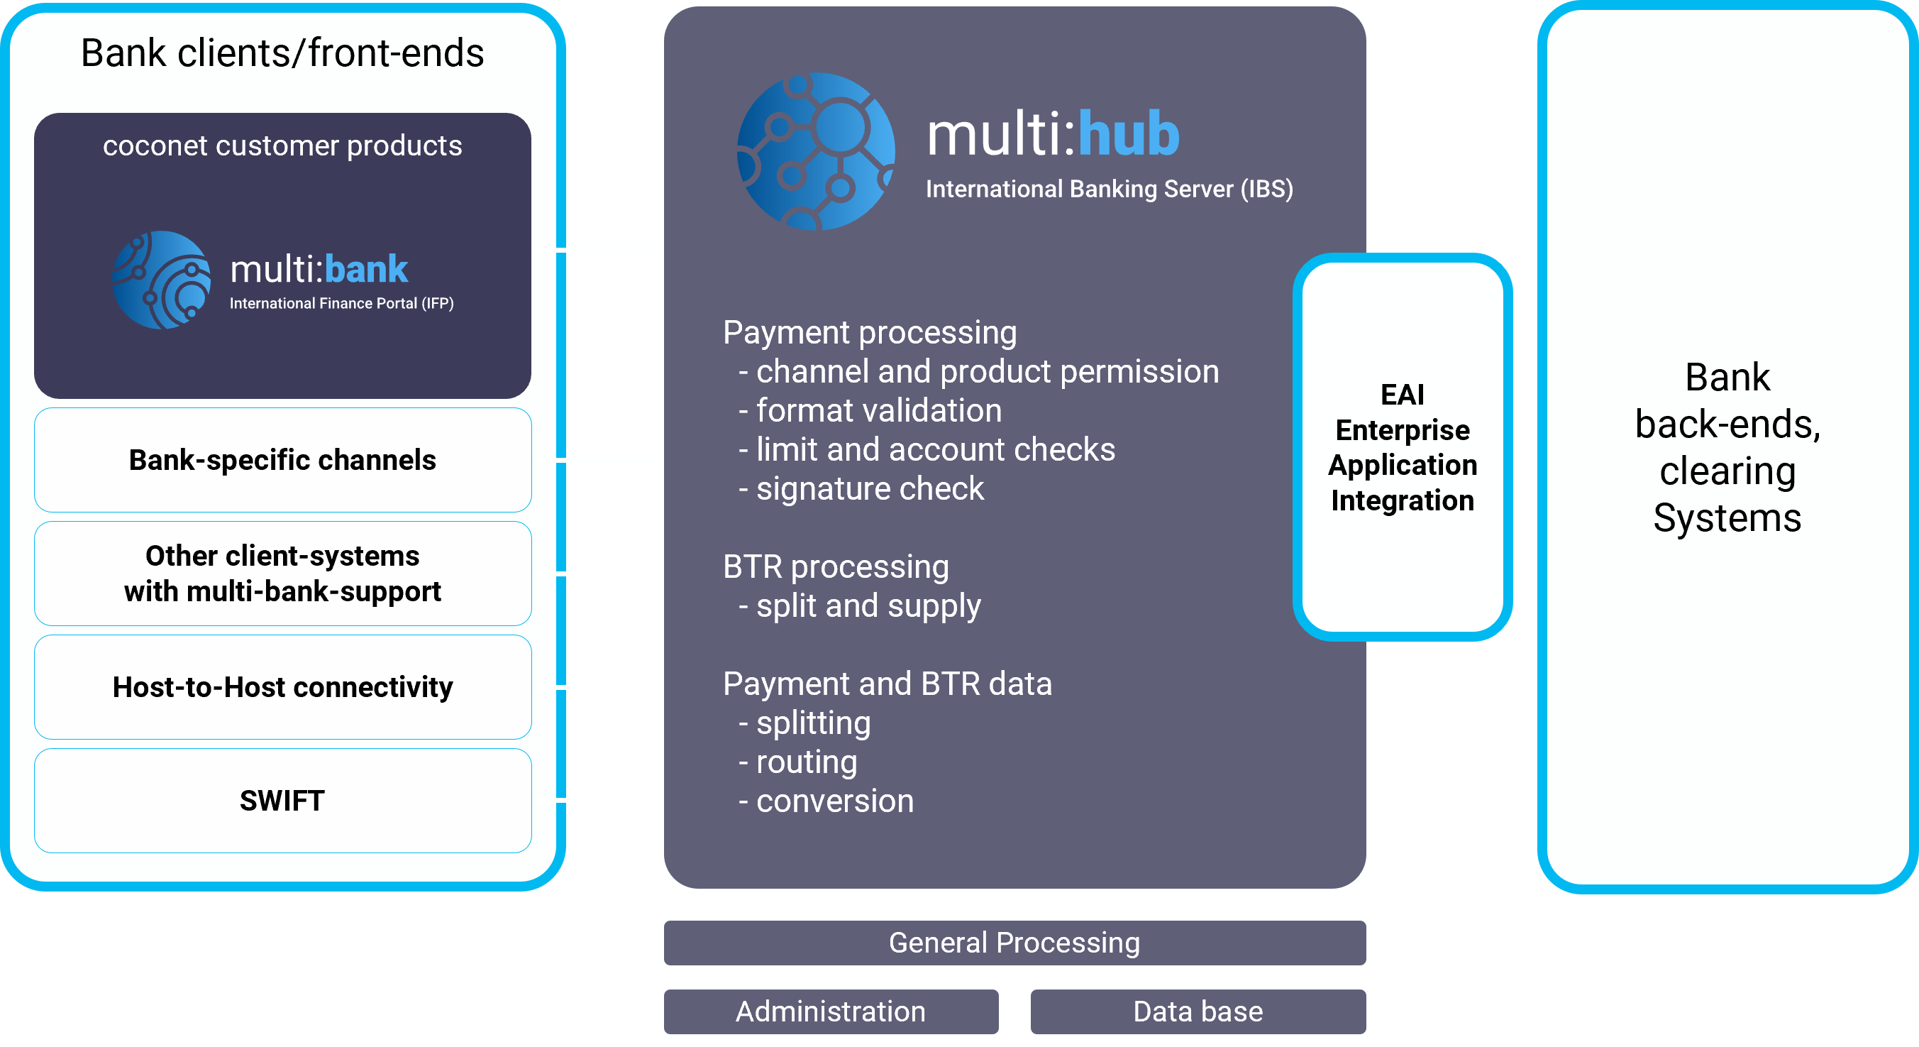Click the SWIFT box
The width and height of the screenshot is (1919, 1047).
point(282,801)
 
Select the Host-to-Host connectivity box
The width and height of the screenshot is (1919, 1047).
point(282,686)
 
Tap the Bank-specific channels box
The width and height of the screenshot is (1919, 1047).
point(282,460)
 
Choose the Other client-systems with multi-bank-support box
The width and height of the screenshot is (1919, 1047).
point(282,573)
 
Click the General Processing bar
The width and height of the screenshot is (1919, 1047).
point(1014,943)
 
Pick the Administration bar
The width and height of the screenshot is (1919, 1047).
point(831,1012)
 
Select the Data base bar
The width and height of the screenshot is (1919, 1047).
point(1198,1012)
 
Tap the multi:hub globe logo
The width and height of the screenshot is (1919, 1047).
point(816,151)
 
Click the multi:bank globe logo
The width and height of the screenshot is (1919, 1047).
point(162,280)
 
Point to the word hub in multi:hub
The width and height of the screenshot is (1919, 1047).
point(1129,134)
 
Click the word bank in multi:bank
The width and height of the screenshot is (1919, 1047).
point(366,269)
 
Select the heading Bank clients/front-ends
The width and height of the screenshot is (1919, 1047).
point(282,53)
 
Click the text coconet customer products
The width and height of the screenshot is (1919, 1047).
point(282,146)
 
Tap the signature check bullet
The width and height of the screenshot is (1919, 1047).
point(861,489)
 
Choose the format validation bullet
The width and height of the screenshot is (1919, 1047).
point(870,410)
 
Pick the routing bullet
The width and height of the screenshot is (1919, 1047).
point(798,762)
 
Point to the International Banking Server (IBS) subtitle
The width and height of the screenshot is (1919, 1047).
point(1110,190)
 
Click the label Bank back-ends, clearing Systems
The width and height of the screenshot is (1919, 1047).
point(1727,447)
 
